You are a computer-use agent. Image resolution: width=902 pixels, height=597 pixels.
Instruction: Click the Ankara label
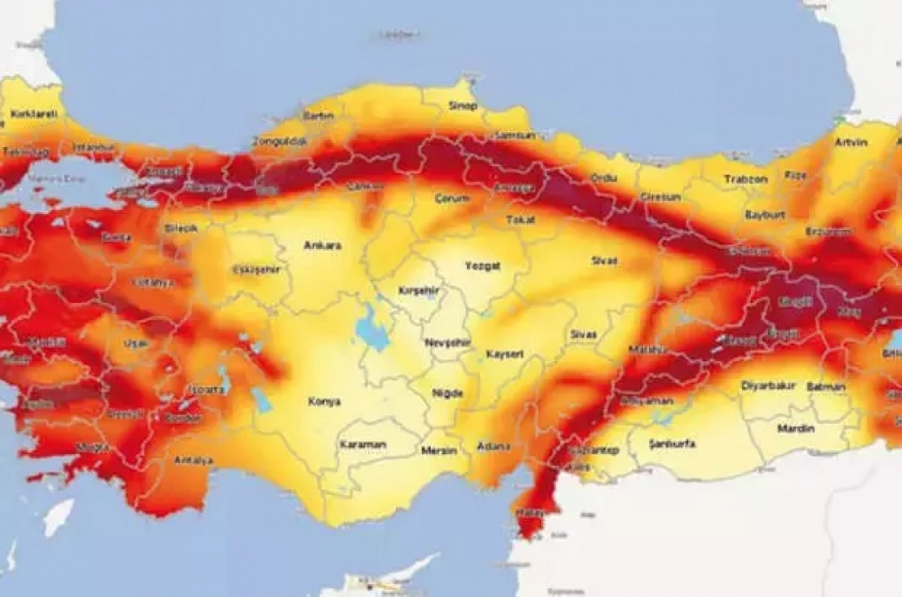click(322, 246)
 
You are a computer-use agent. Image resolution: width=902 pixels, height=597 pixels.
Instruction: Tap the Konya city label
click(324, 401)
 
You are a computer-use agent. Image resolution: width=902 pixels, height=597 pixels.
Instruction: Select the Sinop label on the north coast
click(462, 106)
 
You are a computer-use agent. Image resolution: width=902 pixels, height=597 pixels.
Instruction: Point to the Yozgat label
click(482, 266)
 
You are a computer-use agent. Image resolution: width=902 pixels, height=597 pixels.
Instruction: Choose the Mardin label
click(796, 429)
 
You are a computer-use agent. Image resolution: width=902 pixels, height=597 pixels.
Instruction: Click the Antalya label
click(193, 460)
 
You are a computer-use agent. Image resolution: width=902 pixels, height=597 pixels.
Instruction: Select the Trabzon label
click(745, 179)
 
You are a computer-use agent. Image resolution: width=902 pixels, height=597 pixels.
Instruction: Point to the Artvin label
click(851, 143)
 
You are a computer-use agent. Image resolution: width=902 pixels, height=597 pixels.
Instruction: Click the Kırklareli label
click(33, 114)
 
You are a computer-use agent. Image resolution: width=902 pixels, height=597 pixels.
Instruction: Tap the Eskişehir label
click(257, 270)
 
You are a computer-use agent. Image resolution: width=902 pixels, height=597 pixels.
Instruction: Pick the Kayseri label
click(505, 355)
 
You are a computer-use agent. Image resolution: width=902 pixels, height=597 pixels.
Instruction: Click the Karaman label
click(363, 445)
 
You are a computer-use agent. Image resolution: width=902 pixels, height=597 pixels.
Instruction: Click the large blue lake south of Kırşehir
click(369, 328)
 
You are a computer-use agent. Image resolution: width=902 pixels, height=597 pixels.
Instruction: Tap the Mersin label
click(439, 451)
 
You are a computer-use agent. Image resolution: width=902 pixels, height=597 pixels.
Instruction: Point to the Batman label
click(826, 386)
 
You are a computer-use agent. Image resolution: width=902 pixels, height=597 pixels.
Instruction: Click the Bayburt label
click(765, 215)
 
